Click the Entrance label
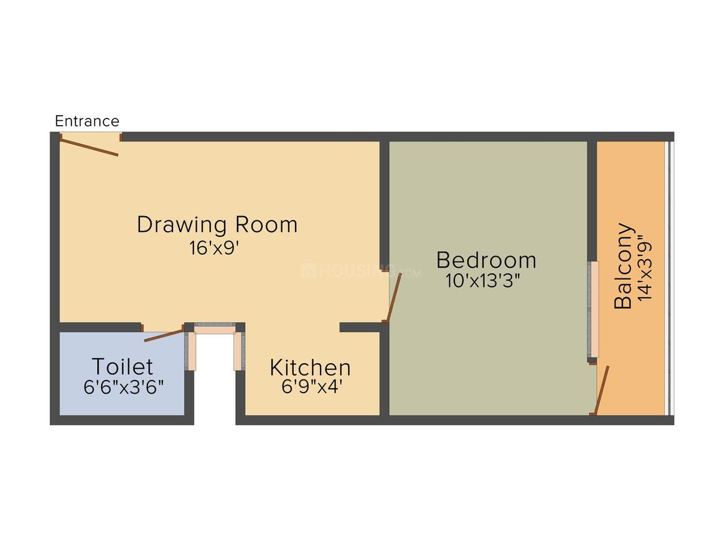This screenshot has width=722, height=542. (x=87, y=121)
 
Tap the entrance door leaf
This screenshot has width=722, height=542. (x=89, y=146)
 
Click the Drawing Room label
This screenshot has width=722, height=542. (x=217, y=224)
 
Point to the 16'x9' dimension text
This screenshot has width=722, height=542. (x=215, y=248)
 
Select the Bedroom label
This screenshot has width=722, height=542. (x=486, y=260)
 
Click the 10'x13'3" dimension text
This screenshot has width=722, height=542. (x=483, y=280)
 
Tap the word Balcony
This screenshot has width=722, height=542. (x=624, y=266)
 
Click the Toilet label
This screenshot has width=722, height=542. (x=123, y=366)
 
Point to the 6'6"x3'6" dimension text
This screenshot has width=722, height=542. (x=123, y=387)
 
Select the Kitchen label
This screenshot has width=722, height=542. (x=310, y=368)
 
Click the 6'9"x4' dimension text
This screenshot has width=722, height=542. (x=312, y=387)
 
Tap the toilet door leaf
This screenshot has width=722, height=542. (x=164, y=334)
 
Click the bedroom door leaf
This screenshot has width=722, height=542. (x=393, y=298)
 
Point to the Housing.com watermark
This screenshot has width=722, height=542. (x=361, y=272)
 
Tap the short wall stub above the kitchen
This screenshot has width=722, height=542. (x=360, y=327)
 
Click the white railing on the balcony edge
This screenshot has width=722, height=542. (x=669, y=277)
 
